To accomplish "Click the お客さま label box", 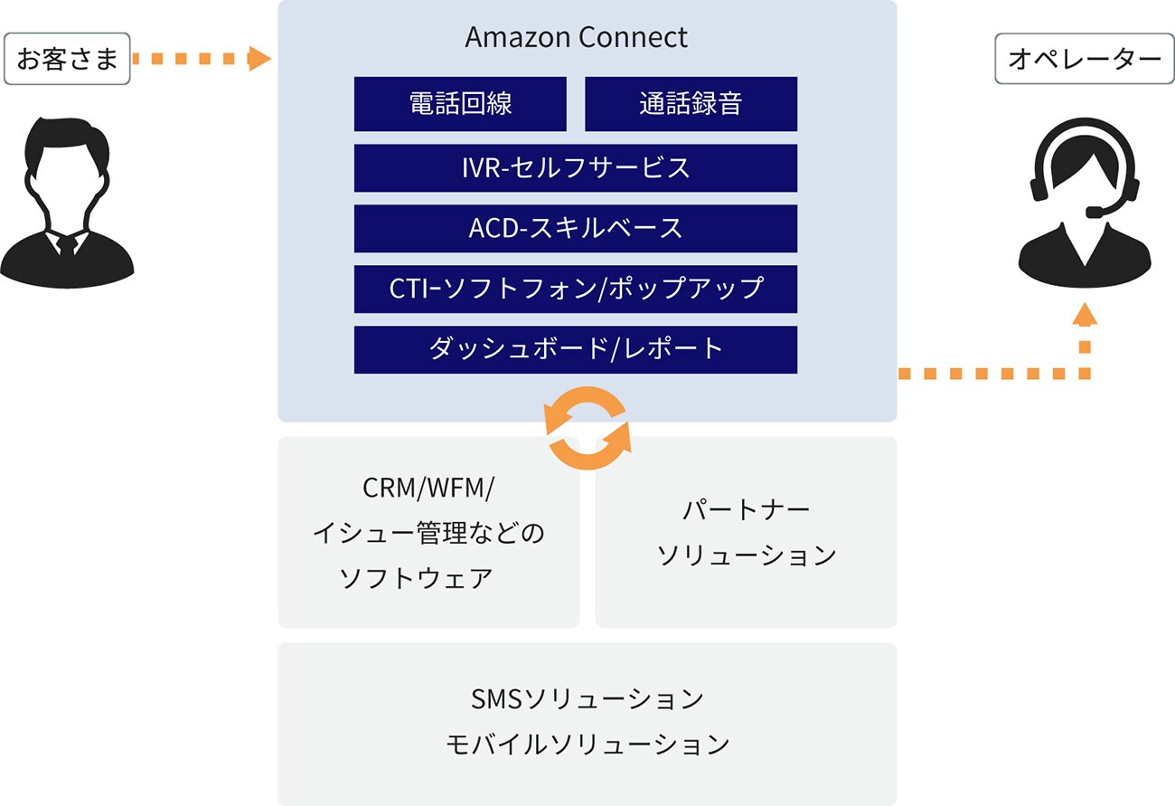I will tap(67, 60).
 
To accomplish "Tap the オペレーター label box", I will tap(1084, 60).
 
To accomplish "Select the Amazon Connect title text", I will tap(577, 37).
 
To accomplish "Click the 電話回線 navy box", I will tap(460, 103).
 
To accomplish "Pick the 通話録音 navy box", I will tap(691, 103).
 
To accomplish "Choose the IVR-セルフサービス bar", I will tap(576, 167).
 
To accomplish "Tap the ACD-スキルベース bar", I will tap(576, 228).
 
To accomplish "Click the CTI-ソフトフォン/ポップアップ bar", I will tap(576, 289).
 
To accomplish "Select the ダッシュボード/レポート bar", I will tap(576, 349).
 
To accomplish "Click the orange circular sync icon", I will tap(587, 428).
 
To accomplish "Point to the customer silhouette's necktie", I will tap(66, 248).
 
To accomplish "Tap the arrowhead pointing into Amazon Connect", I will tap(261, 60).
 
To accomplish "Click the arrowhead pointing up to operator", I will tap(1085, 314).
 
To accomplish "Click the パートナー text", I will tap(746, 509).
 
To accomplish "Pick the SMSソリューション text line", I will tap(587, 699).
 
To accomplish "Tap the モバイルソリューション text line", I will tap(587, 744).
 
